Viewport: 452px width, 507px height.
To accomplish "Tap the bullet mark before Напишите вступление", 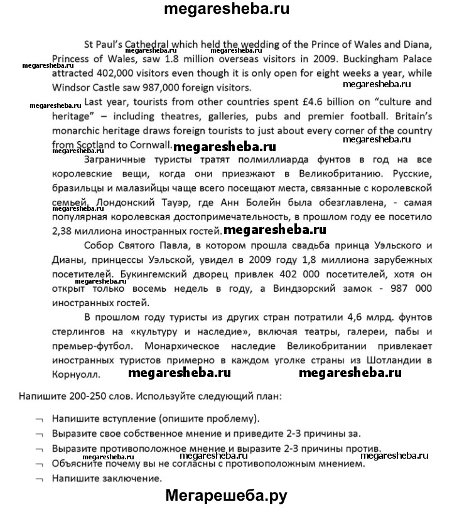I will click(40, 419).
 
